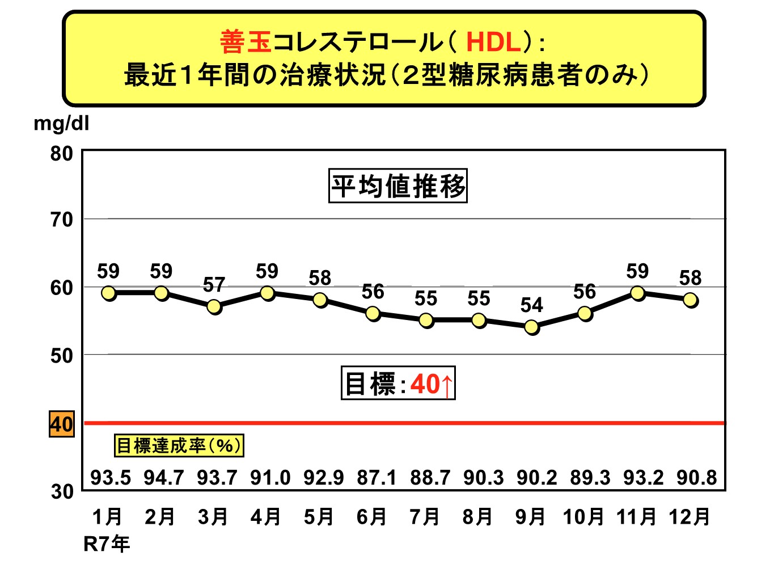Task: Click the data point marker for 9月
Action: pyautogui.click(x=532, y=327)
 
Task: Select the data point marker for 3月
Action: pyautogui.click(x=214, y=306)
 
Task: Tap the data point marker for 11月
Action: pyautogui.click(x=638, y=293)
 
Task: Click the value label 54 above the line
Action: pyautogui.click(x=532, y=305)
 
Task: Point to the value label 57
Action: pyautogui.click(x=214, y=285)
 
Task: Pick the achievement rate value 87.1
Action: pyautogui.click(x=377, y=478)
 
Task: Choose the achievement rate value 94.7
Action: pyautogui.click(x=164, y=478)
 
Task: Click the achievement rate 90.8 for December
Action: pyautogui.click(x=697, y=478)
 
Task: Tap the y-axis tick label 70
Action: pyautogui.click(x=62, y=220)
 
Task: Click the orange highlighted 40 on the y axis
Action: pyautogui.click(x=61, y=424)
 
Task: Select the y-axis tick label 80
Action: pyautogui.click(x=62, y=153)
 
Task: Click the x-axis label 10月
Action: pyautogui.click(x=583, y=517)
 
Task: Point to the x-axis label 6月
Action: pyautogui.click(x=372, y=517)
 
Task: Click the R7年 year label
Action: pyautogui.click(x=107, y=544)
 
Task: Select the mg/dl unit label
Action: pyautogui.click(x=61, y=123)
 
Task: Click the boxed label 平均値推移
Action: pyautogui.click(x=398, y=186)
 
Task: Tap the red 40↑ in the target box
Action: pyautogui.click(x=432, y=384)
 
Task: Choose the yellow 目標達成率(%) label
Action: pyautogui.click(x=179, y=445)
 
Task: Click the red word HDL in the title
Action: pyautogui.click(x=493, y=42)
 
